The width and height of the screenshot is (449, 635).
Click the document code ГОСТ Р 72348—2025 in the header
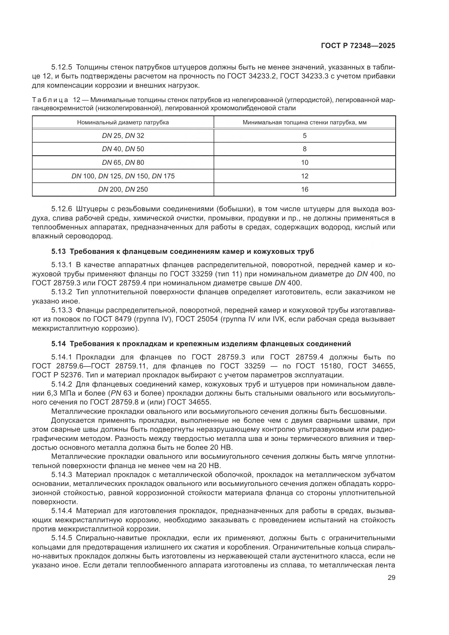coord(358,46)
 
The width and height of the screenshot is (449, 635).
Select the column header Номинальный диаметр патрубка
coord(123,122)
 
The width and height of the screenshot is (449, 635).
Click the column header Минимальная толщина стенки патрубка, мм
coord(304,122)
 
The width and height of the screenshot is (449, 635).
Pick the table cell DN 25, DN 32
coord(123,136)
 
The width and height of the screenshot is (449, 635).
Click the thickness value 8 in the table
coord(305,149)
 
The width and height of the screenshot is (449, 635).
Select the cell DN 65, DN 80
coord(123,163)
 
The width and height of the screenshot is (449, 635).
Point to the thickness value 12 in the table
coord(305,176)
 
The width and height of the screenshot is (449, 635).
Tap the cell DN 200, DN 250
coord(123,189)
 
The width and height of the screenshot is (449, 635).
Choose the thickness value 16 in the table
coord(305,189)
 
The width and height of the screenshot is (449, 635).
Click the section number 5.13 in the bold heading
coord(58,252)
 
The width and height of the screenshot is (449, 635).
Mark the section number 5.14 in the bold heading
coord(58,344)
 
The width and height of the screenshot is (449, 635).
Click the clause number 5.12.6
coord(61,209)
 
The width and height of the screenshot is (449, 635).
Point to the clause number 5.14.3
coord(61,475)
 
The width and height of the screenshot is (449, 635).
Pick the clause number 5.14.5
coord(61,538)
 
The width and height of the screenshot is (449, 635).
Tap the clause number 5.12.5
coord(61,67)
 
